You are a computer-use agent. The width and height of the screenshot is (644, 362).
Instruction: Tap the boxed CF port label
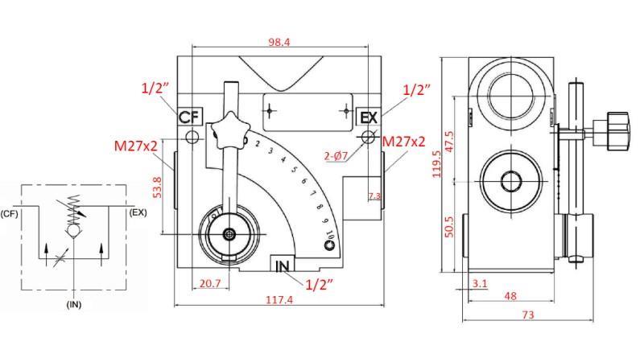pyautogui.click(x=188, y=117)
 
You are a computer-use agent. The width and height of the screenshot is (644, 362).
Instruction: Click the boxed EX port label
pyautogui.click(x=368, y=117)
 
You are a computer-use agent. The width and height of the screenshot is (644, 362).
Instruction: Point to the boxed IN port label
pyautogui.click(x=283, y=265)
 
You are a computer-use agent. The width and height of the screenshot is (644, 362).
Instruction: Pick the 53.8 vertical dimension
pyautogui.click(x=158, y=186)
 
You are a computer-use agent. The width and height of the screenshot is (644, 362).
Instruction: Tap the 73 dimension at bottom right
pyautogui.click(x=528, y=315)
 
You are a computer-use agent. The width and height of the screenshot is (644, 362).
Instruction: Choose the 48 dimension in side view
pyautogui.click(x=510, y=295)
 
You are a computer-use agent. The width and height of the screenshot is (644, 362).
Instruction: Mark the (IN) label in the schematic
pyautogui.click(x=73, y=305)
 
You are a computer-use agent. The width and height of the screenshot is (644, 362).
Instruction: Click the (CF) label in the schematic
pyautogui.click(x=10, y=213)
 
